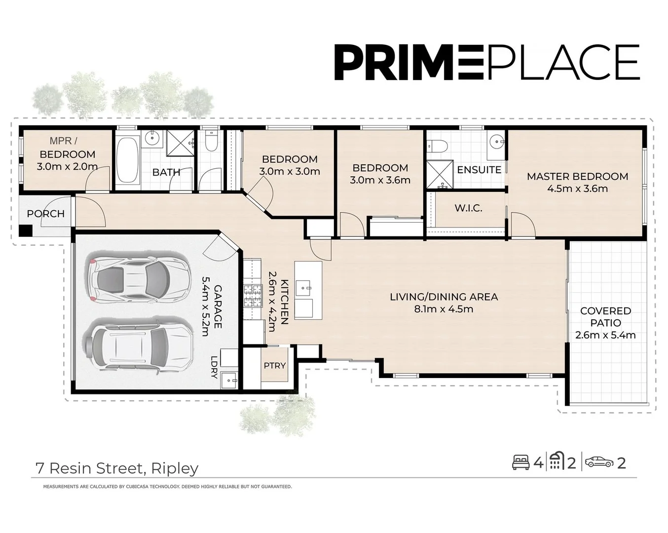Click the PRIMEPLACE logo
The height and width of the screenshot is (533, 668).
(486, 62)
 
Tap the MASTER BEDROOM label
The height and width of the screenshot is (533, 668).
(577, 177)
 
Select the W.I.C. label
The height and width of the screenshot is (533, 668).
(468, 208)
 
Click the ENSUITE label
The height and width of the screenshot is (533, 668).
(479, 170)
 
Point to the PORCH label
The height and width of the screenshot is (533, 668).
(45, 214)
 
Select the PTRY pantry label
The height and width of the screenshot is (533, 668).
(274, 366)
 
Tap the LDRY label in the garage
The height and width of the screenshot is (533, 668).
(214, 367)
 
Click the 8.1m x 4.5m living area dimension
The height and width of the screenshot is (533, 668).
(444, 309)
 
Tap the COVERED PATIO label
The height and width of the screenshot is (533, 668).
(605, 317)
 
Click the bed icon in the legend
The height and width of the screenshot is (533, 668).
(520, 462)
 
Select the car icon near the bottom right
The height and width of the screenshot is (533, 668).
(599, 462)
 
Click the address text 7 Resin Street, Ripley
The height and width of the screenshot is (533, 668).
(117, 468)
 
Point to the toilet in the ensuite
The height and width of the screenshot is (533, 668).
(437, 146)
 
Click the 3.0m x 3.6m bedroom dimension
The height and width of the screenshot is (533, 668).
(380, 181)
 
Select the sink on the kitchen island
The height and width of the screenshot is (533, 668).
(304, 287)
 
